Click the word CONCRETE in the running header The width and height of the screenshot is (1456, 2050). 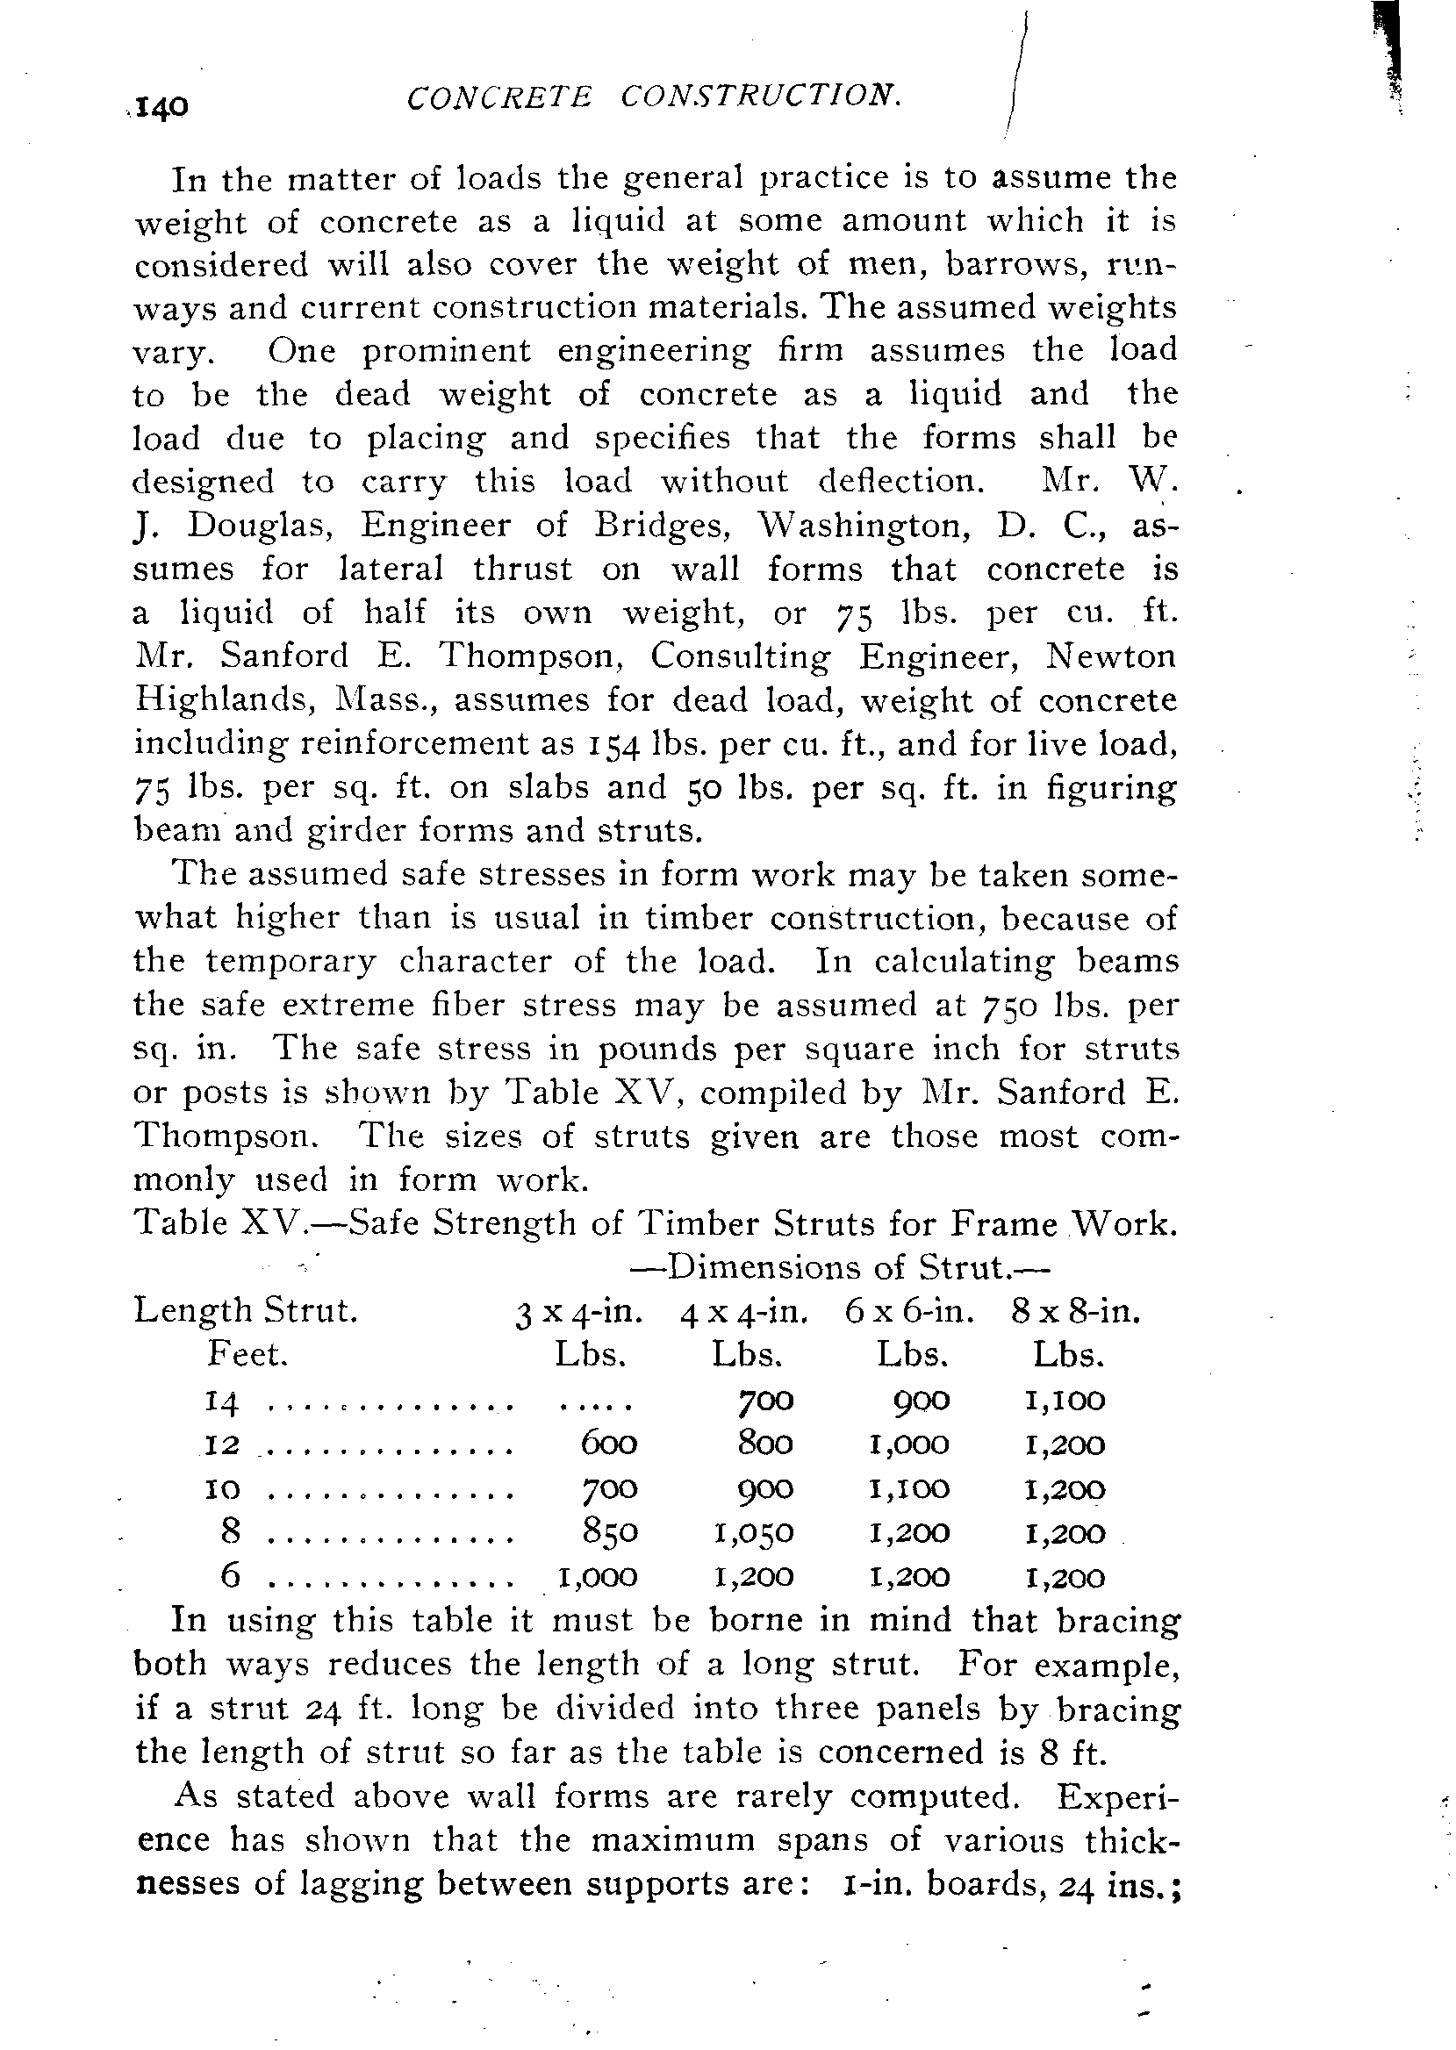coord(498,97)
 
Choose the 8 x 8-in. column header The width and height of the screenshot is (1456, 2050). coord(1075,1313)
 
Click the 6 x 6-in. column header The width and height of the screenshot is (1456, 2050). coord(909,1313)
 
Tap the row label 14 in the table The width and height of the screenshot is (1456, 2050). coord(220,1402)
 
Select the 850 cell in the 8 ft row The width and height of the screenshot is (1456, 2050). coord(609,1533)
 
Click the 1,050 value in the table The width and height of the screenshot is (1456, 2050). coord(754,1533)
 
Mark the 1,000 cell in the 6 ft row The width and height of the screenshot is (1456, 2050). coord(598,1577)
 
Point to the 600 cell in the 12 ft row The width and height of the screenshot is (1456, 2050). coord(609,1445)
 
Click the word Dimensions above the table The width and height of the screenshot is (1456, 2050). coord(762,1268)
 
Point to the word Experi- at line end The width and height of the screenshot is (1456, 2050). coord(1118,1797)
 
